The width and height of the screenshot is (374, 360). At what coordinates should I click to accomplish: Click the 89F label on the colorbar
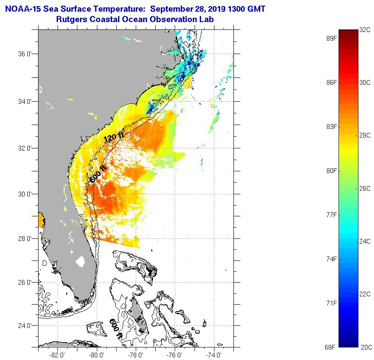coord(332,39)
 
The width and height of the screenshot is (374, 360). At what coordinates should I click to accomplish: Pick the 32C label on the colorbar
coord(365,30)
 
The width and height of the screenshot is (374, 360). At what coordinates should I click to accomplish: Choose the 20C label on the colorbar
coord(365,347)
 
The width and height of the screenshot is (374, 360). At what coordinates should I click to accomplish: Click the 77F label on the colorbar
coord(332,215)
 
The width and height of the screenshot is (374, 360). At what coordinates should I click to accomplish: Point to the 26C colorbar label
coord(365,189)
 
